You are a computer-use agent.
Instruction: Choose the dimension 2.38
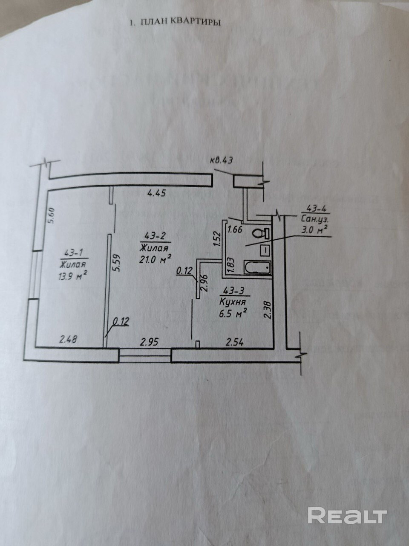267,309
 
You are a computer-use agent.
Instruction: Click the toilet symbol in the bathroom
259,233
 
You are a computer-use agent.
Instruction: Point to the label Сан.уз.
315,219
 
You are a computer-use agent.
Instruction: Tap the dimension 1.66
235,230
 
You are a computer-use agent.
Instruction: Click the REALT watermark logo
347,516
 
